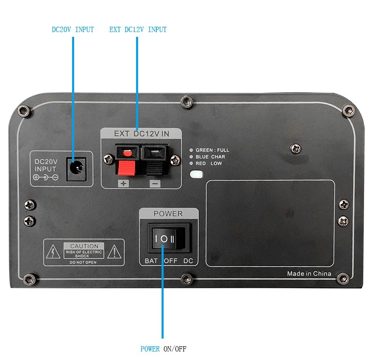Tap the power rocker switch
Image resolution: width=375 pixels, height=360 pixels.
(x=168, y=238)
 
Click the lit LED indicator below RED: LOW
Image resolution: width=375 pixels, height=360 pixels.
(x=196, y=174)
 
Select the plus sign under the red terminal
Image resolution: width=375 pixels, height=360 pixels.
(x=124, y=184)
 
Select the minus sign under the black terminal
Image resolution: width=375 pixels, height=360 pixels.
(x=155, y=184)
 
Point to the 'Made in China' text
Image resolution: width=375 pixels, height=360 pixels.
(x=309, y=274)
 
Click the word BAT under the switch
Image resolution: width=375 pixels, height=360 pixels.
(x=151, y=261)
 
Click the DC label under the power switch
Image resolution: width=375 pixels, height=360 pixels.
(x=188, y=261)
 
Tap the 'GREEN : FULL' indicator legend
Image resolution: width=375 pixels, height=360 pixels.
(x=212, y=150)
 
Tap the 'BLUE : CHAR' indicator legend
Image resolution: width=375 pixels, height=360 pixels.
(x=210, y=157)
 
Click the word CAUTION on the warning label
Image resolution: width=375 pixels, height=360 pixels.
(x=84, y=246)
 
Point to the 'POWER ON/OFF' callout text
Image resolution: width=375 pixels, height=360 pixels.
(x=163, y=349)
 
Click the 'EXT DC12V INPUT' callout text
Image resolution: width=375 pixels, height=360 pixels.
(x=138, y=30)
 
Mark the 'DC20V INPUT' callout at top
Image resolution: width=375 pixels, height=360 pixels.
(x=73, y=30)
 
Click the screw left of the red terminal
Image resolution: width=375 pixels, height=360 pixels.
(x=108, y=159)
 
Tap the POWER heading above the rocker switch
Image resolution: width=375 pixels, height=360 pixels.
(x=168, y=214)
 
